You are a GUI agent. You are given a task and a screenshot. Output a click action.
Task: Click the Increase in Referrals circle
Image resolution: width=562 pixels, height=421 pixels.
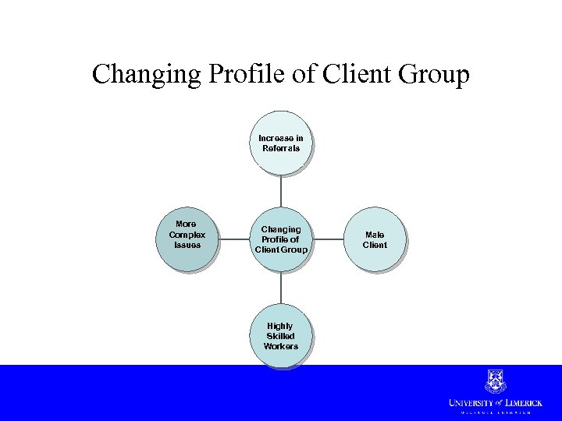click(280, 143)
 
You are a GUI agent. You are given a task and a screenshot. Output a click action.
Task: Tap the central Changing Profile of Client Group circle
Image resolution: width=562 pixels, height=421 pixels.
click(280, 239)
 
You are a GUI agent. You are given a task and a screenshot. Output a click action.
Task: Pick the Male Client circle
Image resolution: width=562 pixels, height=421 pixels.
click(375, 239)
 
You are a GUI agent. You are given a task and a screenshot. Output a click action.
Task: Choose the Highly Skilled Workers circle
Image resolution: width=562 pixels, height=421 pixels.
click(280, 335)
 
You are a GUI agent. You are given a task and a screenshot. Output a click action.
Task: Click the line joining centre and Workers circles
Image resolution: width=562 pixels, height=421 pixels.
click(280, 288)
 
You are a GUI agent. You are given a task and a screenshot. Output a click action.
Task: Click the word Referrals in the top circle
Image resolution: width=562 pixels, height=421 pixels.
click(281, 148)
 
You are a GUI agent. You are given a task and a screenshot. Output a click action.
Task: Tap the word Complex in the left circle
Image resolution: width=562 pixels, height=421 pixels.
click(187, 234)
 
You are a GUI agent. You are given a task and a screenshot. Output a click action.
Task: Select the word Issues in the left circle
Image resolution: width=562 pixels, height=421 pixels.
click(187, 245)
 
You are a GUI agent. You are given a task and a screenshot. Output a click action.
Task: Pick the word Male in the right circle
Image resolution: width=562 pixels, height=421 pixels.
click(375, 234)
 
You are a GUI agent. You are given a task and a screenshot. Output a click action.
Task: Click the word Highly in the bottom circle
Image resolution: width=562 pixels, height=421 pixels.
click(280, 326)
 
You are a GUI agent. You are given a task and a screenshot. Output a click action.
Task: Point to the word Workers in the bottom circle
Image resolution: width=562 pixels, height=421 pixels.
click(280, 346)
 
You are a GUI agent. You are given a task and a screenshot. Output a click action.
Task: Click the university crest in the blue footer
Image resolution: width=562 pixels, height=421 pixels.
click(495, 380)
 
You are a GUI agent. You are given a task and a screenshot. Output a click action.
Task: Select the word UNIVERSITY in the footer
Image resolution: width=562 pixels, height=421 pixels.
click(471, 402)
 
